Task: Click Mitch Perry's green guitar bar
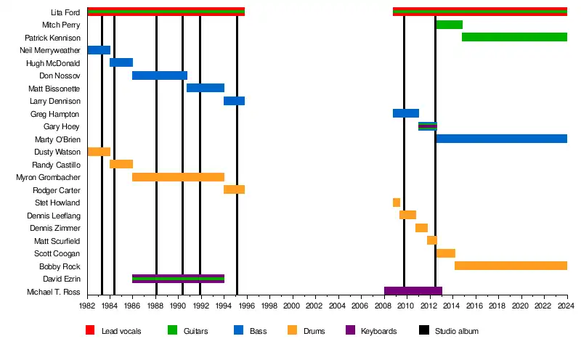click(449, 25)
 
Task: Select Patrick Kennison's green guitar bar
click(514, 37)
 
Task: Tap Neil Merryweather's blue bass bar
click(99, 50)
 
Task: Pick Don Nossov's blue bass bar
click(160, 75)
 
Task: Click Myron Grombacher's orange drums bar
click(178, 177)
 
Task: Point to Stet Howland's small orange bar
click(397, 202)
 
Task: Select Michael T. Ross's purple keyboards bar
click(413, 291)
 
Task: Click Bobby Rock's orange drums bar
click(511, 266)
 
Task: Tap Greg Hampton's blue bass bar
click(406, 113)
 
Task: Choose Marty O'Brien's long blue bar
click(501, 139)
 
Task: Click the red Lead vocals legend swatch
click(90, 331)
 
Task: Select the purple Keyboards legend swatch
click(351, 331)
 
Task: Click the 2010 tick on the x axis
click(407, 307)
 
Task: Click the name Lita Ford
click(65, 12)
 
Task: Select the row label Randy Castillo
click(57, 165)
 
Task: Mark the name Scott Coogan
click(57, 253)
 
